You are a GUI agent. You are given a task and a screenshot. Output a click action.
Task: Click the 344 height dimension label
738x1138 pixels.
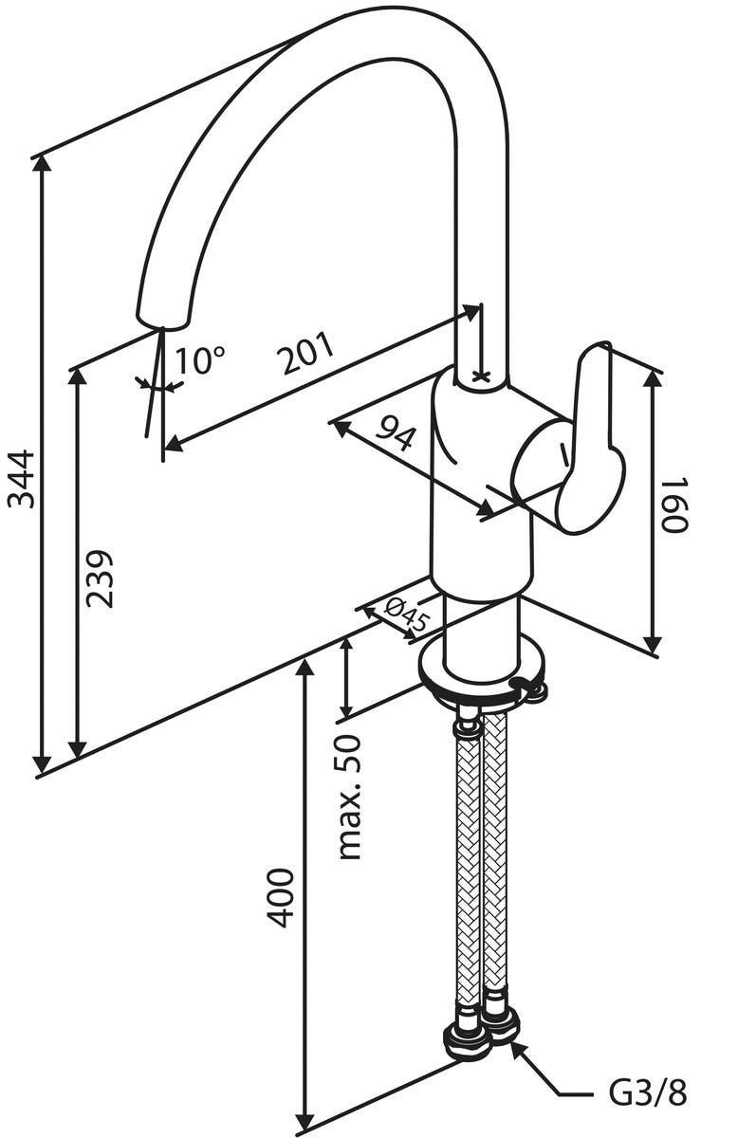click(21, 479)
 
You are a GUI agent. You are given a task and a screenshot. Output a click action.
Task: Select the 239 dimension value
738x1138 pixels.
click(99, 578)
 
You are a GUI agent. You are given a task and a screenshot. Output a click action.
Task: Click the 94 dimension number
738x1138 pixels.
click(397, 433)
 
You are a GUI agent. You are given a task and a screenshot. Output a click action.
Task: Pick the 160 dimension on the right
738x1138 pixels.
click(673, 505)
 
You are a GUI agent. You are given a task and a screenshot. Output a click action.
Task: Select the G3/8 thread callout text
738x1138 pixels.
click(648, 1093)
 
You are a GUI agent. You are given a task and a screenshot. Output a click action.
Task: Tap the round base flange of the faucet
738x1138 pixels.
click(479, 675)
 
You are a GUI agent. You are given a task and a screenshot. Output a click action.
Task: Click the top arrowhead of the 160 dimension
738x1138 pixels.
click(652, 377)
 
